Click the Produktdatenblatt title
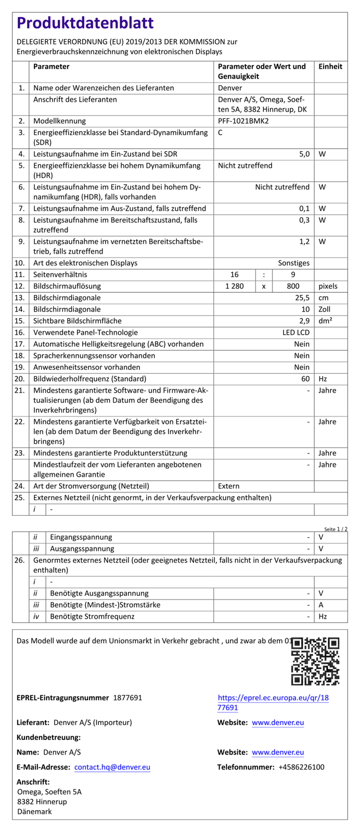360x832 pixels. [x=85, y=23]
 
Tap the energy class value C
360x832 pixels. [x=221, y=133]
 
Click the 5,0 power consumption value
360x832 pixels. [x=304, y=154]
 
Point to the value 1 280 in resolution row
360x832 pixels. [x=234, y=286]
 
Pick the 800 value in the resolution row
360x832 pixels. [x=293, y=286]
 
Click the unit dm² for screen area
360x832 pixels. [x=326, y=321]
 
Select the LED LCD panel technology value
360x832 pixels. [x=296, y=332]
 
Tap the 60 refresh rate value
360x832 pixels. [x=305, y=379]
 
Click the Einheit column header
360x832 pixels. [x=330, y=67]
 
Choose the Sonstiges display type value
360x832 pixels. [x=293, y=263]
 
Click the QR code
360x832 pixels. [x=315, y=661]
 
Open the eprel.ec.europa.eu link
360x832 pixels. [x=273, y=703]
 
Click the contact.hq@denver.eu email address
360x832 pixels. [x=112, y=767]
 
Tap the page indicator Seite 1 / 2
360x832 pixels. [x=336, y=529]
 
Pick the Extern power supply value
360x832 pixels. [x=229, y=486]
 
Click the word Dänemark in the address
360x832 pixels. [x=34, y=811]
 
